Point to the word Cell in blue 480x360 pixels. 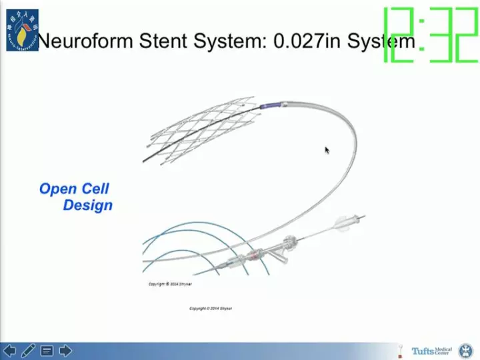pos(95,189)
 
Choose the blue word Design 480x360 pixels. pos(87,205)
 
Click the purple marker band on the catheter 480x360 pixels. pos(271,106)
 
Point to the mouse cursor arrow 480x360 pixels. pos(327,150)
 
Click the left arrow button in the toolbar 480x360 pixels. pos(9,350)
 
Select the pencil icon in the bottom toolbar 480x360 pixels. pos(28,350)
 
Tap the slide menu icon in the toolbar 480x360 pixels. pos(47,350)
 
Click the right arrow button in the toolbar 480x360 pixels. pos(65,350)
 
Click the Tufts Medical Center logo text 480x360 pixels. pos(431,351)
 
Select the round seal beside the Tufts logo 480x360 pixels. pos(465,351)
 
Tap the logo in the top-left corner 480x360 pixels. pos(22,30)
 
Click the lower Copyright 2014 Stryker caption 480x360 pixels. pos(211,309)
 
